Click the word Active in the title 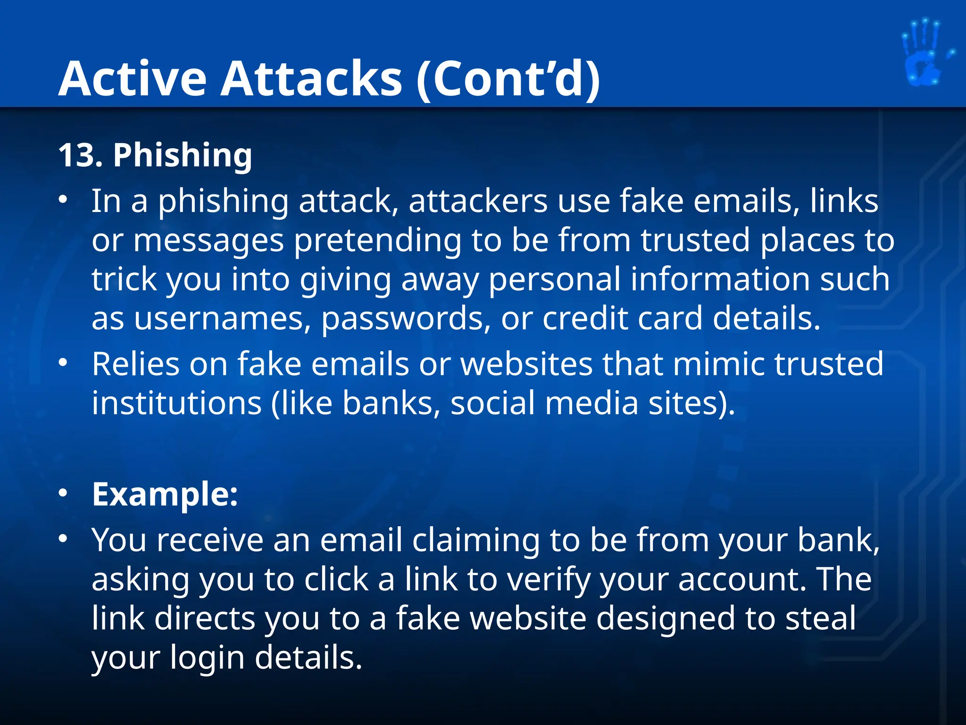pos(133,79)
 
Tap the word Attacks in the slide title pos(311,79)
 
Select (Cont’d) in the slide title pos(508,79)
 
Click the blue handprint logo pos(924,53)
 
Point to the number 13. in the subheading pos(81,155)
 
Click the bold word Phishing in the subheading pos(183,156)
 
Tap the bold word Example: pos(165,495)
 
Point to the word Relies pos(136,364)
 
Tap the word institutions pos(176,403)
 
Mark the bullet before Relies pos(63,363)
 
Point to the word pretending pos(377,241)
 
